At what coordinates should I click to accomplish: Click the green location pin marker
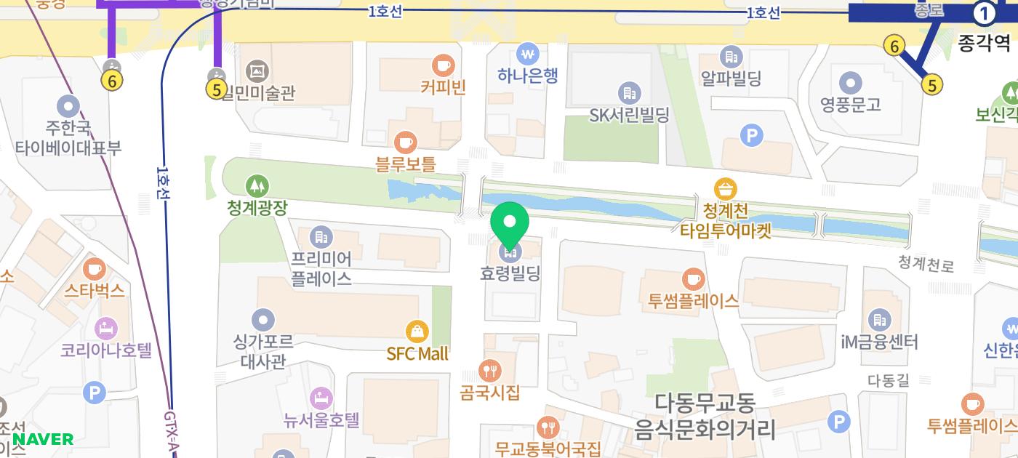pyautogui.click(x=510, y=222)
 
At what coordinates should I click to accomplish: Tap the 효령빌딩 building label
pyautogui.click(x=510, y=274)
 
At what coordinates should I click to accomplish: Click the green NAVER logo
pyautogui.click(x=43, y=439)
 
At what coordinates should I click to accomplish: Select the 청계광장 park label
pyautogui.click(x=257, y=207)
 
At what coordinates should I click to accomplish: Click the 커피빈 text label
pyautogui.click(x=443, y=87)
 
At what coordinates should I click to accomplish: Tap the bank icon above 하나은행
pyautogui.click(x=527, y=53)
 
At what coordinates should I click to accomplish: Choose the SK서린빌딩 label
pyautogui.click(x=629, y=114)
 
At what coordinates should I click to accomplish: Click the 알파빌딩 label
pyautogui.click(x=731, y=78)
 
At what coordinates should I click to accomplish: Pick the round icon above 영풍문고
pyautogui.click(x=850, y=82)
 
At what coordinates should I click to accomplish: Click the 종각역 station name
pyautogui.click(x=984, y=44)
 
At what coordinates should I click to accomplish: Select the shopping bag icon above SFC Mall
pyautogui.click(x=417, y=332)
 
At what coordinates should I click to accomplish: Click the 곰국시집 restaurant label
pyautogui.click(x=490, y=393)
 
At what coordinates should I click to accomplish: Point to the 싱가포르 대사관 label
pyautogui.click(x=263, y=350)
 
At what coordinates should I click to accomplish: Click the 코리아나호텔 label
pyautogui.click(x=106, y=350)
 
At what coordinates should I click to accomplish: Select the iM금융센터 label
pyautogui.click(x=879, y=341)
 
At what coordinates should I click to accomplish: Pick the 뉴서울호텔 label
pyautogui.click(x=321, y=419)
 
